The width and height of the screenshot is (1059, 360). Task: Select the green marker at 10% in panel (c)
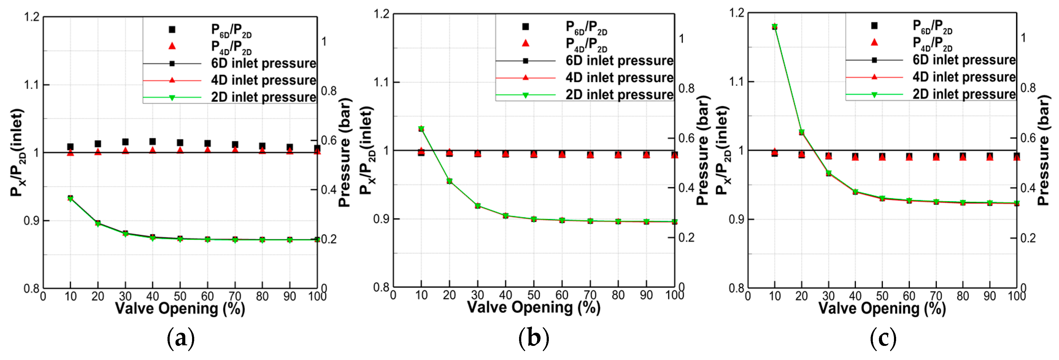tap(775, 27)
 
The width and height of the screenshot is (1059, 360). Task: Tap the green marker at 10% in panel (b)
tap(421, 128)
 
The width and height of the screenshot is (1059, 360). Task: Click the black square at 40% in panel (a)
tap(152, 141)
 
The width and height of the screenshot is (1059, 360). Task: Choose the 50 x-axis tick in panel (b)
tap(533, 295)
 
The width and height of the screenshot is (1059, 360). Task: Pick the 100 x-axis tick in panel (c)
tap(1016, 296)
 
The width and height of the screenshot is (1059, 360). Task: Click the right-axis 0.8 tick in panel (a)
tap(329, 91)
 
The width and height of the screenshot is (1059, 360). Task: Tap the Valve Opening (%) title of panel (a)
tap(180, 308)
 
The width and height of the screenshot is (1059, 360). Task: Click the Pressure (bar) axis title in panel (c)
tap(1045, 150)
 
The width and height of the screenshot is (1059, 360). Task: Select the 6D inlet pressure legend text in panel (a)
tap(264, 63)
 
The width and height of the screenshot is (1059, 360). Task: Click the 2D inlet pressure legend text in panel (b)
tap(619, 94)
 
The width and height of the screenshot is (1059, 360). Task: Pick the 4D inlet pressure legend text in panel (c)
tap(964, 77)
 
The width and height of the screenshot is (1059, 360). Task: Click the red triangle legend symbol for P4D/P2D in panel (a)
tap(172, 46)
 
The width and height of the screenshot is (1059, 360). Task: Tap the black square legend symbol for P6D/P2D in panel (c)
tap(874, 25)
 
